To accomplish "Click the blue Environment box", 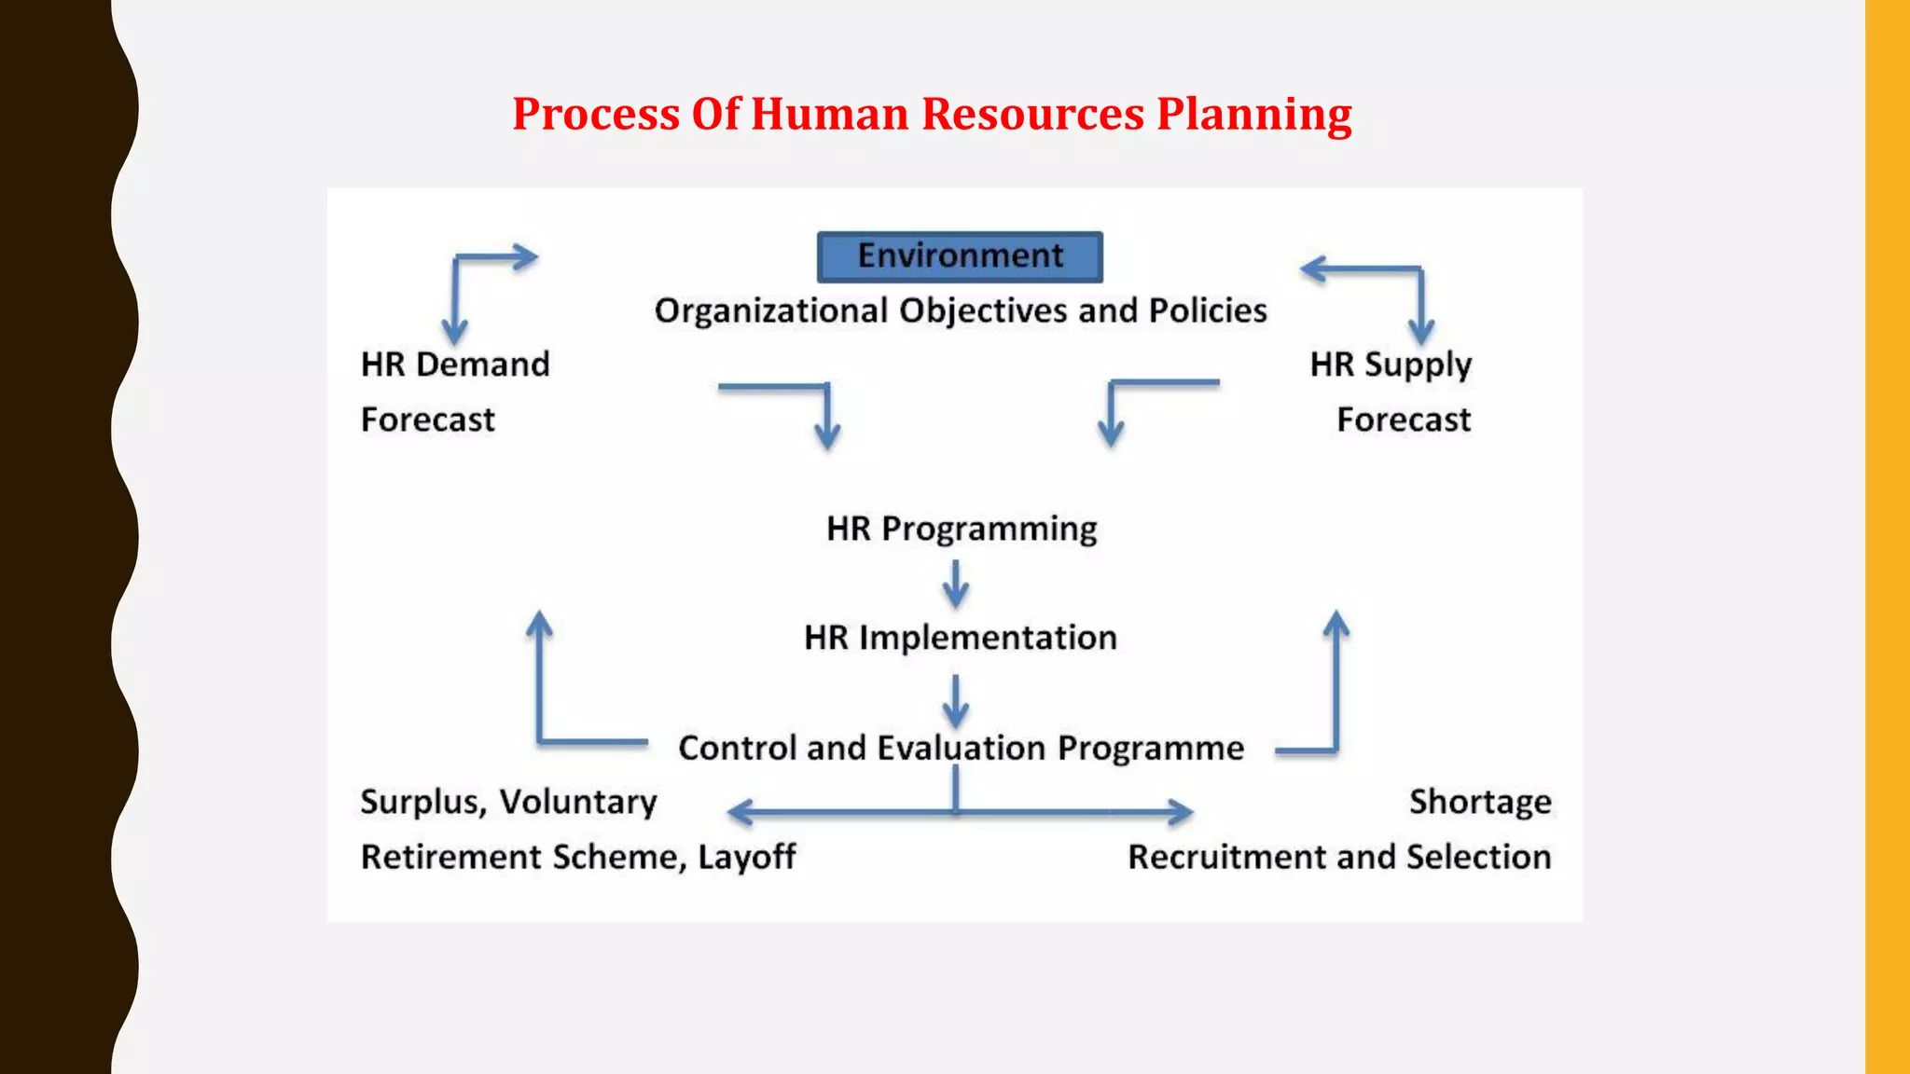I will click(x=960, y=256).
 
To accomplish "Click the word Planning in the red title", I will click(x=1254, y=115).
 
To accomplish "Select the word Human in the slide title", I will click(x=829, y=115).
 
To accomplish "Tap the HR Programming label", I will click(x=962, y=529).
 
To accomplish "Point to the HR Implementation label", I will click(x=961, y=638).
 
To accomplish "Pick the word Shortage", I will click(x=1480, y=802).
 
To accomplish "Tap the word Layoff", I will click(x=747, y=857).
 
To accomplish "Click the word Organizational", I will click(x=770, y=310).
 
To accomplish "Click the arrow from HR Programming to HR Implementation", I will click(x=956, y=584).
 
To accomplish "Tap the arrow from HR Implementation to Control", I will click(x=956, y=701).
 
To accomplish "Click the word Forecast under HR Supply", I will click(x=1404, y=420).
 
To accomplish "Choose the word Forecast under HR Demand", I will click(x=428, y=420).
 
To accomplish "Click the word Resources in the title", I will click(x=1032, y=115).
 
